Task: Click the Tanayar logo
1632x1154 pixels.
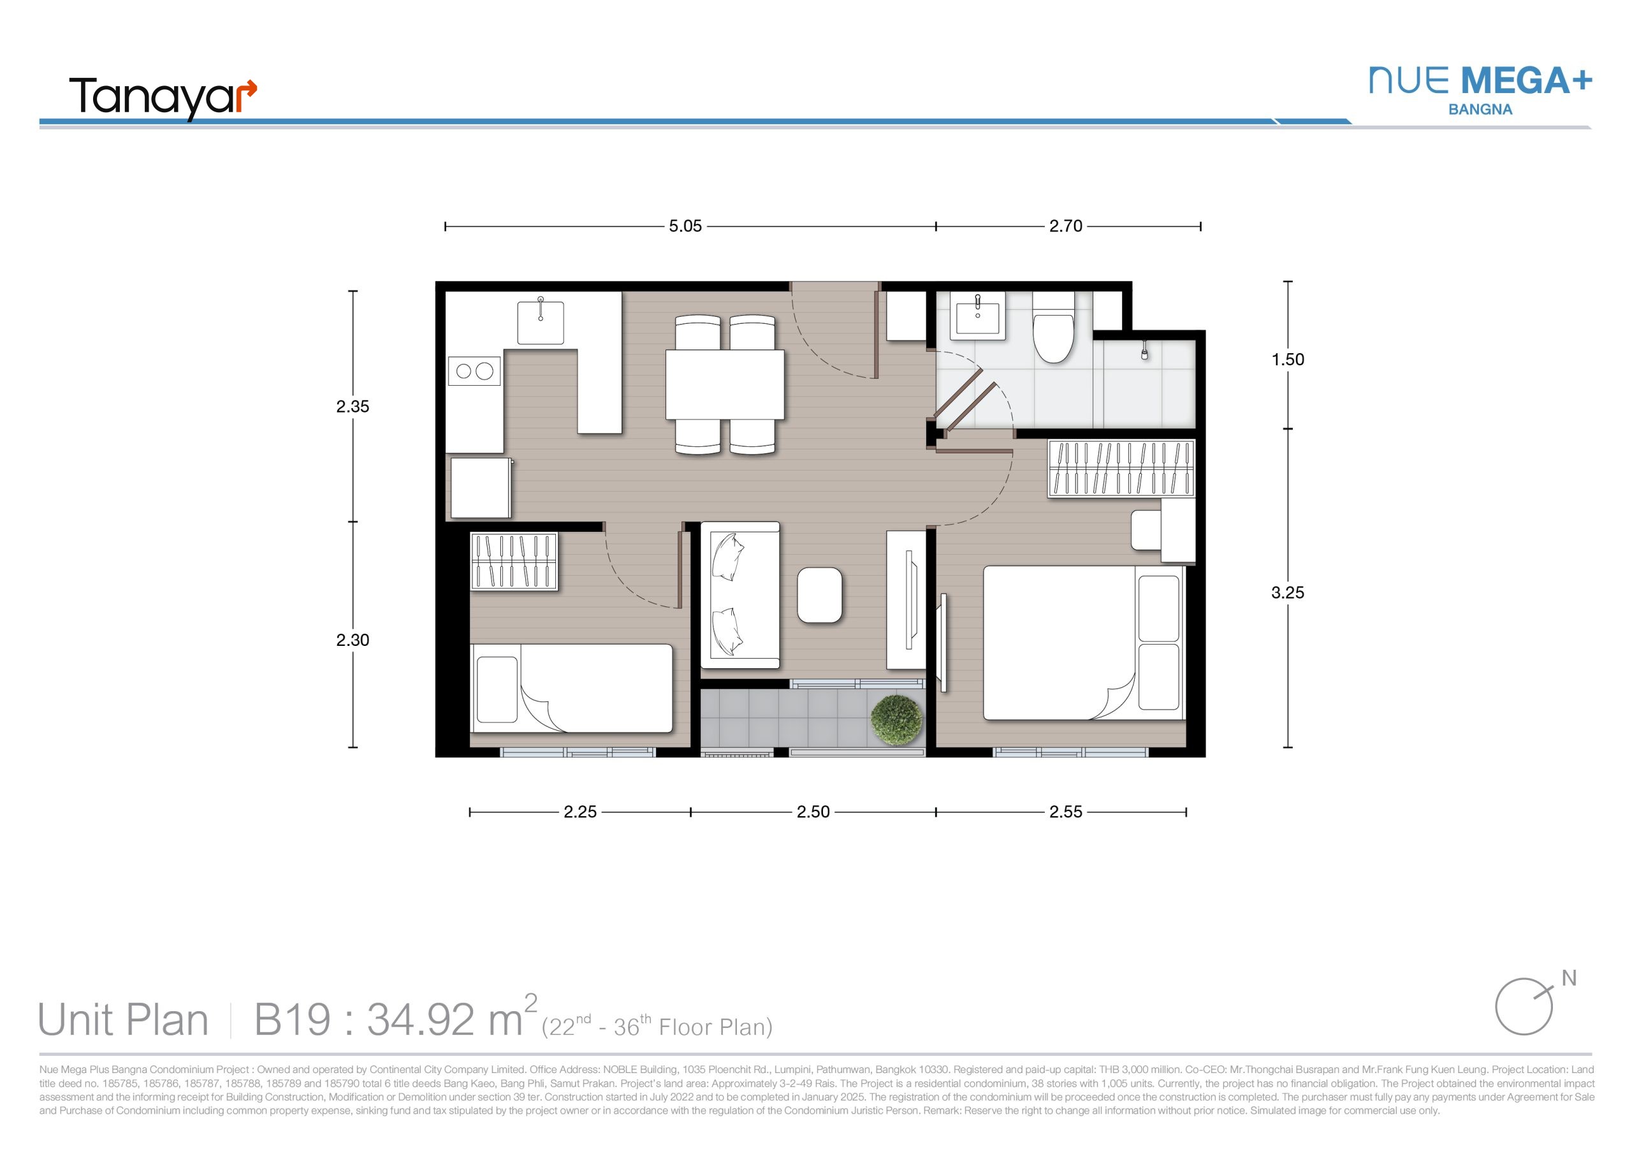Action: [x=163, y=98]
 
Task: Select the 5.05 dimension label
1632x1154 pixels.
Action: [x=685, y=226]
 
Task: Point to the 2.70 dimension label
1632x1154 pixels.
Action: [x=1065, y=226]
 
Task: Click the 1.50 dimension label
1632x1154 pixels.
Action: [x=1288, y=360]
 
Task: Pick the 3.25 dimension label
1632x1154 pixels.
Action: [x=1288, y=592]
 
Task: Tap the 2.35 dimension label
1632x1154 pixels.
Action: [x=353, y=407]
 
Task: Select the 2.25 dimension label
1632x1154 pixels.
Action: [x=580, y=812]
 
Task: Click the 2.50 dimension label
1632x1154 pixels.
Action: [x=813, y=812]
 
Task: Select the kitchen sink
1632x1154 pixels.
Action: [x=541, y=321]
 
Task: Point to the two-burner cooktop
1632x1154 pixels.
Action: [x=474, y=370]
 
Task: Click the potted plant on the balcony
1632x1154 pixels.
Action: [x=897, y=720]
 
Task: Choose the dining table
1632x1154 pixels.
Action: [x=725, y=384]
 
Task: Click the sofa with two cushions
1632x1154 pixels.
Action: [x=740, y=595]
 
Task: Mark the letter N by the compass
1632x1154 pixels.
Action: [x=1569, y=979]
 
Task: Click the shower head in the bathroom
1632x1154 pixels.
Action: [x=1144, y=351]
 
